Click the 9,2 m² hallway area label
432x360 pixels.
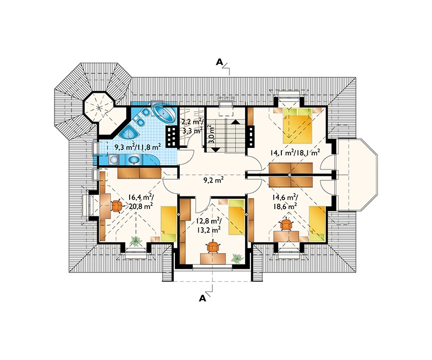pos(213,180)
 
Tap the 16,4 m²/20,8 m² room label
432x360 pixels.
pos(140,202)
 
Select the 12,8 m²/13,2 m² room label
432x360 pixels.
pos(208,225)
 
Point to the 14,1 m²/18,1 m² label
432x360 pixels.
pos(295,152)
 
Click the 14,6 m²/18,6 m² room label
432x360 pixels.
pos(285,202)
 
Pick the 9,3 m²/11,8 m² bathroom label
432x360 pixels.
pos(138,147)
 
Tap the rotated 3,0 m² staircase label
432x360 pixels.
pos(212,134)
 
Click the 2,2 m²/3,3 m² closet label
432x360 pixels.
pos(192,125)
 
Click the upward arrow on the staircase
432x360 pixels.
pos(235,122)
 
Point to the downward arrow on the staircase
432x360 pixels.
pos(215,150)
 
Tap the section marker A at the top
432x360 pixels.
pos(219,62)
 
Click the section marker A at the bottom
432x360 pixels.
pos(202,298)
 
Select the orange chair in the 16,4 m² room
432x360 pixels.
pos(117,206)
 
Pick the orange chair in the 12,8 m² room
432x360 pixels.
pos(213,247)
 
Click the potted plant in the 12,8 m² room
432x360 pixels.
pos(237,259)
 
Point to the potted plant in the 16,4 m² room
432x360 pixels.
pos(136,241)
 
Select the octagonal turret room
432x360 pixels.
pos(99,106)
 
